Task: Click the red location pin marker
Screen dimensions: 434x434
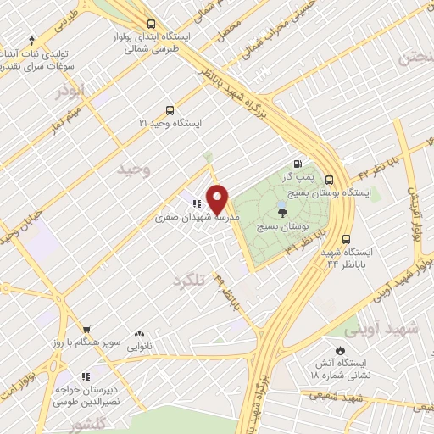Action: (218, 199)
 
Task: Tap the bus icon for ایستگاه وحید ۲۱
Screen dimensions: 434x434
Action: (170, 110)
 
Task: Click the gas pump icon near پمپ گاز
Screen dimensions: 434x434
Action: (298, 164)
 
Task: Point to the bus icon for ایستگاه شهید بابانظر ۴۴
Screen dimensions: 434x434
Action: (347, 239)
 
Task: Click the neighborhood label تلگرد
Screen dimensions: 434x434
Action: (190, 281)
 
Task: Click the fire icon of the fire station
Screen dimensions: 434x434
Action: (340, 349)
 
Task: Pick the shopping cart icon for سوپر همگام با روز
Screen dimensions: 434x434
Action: (86, 329)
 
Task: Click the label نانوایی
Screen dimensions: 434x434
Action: (139, 347)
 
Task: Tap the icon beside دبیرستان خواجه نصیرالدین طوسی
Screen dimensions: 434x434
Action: (85, 376)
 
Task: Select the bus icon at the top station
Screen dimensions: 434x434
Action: (151, 24)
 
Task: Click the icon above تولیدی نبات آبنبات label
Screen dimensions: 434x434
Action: (32, 38)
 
